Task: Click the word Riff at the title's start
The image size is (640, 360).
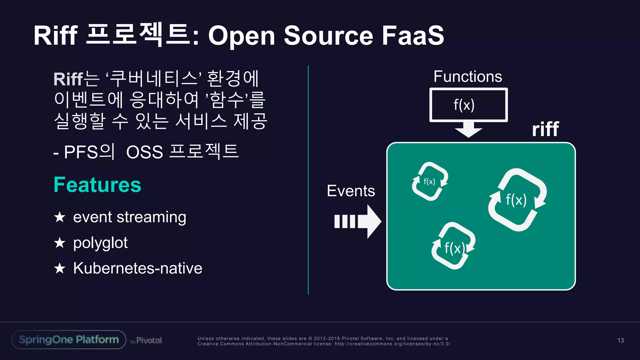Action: (56, 35)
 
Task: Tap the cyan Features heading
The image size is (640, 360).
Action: (97, 185)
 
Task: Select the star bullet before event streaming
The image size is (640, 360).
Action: (59, 217)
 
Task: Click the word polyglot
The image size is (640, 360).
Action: (100, 243)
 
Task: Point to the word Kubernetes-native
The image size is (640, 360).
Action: (137, 268)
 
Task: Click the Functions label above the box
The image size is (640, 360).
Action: (467, 77)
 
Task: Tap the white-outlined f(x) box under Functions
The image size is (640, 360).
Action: (468, 105)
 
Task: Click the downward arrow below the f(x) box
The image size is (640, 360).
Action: (468, 129)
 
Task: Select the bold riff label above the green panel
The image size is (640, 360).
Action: (545, 129)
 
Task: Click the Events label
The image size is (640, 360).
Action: (351, 191)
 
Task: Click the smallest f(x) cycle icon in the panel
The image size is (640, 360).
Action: (430, 181)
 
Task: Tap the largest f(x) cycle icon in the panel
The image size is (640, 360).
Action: (517, 200)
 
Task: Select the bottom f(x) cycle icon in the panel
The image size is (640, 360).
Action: (453, 246)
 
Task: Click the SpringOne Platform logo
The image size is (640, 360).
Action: (69, 340)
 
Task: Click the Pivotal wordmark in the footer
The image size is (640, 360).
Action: (149, 340)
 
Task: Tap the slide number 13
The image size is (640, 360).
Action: (620, 340)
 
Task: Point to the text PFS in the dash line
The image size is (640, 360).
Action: (81, 152)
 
